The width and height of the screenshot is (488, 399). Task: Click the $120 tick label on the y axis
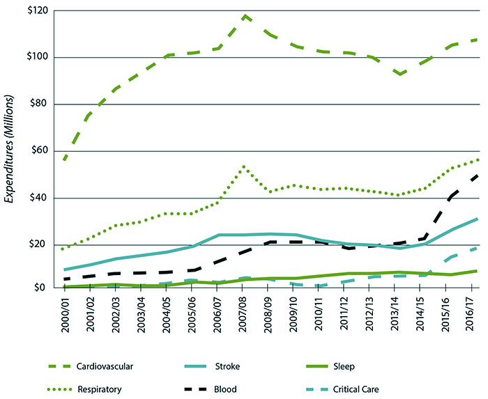pos(37,11)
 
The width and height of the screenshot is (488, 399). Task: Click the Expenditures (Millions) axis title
pos(10,150)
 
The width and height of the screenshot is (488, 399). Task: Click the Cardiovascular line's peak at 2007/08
pos(245,15)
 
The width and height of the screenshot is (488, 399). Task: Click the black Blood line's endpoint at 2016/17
pos(477,175)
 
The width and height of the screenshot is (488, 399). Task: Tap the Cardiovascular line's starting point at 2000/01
pos(64,160)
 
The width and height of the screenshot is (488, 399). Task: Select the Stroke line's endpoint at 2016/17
pos(477,219)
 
